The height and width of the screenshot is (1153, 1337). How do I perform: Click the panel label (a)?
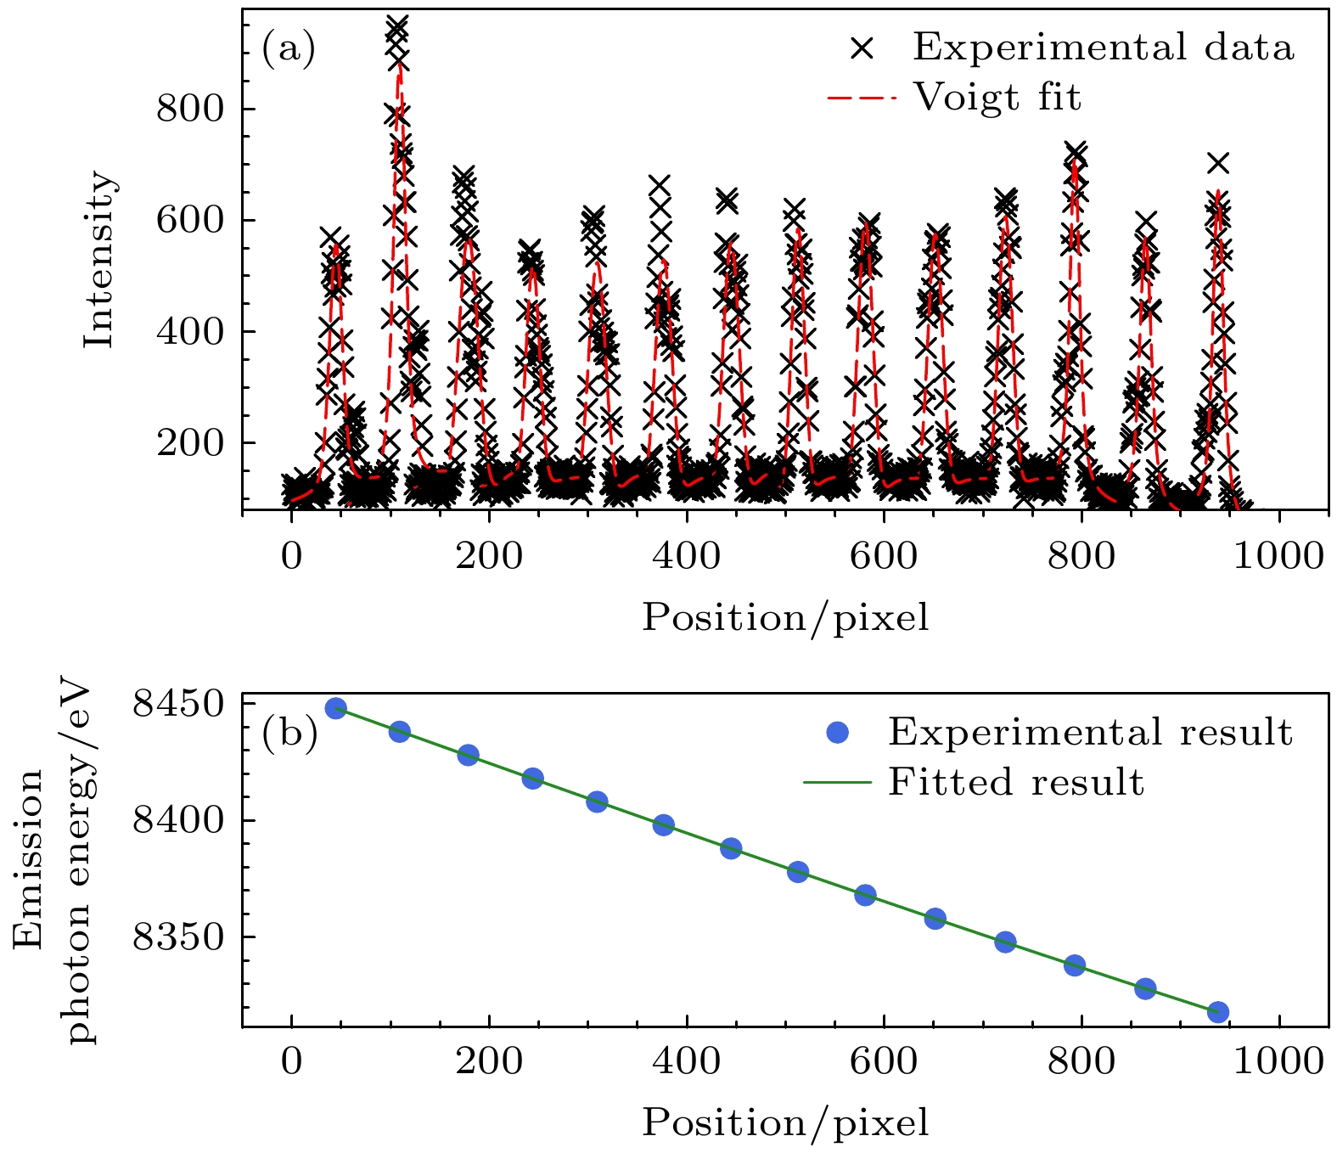pyautogui.click(x=289, y=48)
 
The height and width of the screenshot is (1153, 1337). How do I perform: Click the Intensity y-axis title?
pyautogui.click(x=99, y=259)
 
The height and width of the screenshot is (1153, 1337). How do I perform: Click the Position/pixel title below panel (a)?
pyautogui.click(x=785, y=617)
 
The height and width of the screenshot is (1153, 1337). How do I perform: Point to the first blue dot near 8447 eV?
pyautogui.click(x=336, y=709)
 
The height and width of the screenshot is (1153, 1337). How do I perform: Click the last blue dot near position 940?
pyautogui.click(x=1218, y=1011)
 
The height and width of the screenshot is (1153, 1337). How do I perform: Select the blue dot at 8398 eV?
pyautogui.click(x=664, y=824)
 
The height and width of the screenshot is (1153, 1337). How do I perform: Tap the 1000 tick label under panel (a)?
pyautogui.click(x=1278, y=557)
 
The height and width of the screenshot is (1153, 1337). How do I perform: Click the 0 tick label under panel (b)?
pyautogui.click(x=291, y=1062)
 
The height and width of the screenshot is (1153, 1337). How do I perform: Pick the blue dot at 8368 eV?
pyautogui.click(x=865, y=895)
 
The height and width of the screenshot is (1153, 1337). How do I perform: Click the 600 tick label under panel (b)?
pyautogui.click(x=884, y=1062)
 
